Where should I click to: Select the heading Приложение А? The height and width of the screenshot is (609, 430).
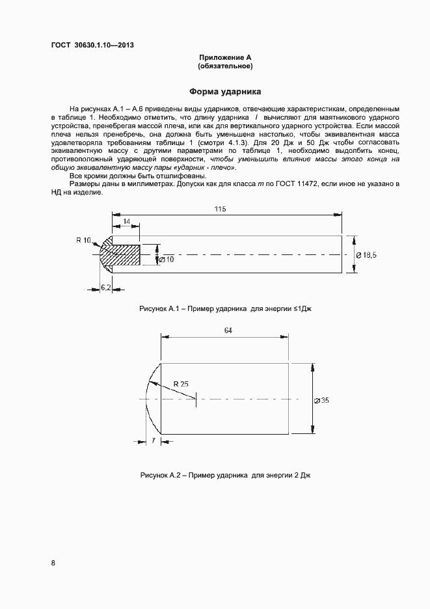224,58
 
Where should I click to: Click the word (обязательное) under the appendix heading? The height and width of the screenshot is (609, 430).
224,66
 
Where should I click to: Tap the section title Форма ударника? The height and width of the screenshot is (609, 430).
224,92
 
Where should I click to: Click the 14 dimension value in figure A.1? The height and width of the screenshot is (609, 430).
126,222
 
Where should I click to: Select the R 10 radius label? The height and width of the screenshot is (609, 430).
84,240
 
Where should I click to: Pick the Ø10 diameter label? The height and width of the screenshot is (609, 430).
166,260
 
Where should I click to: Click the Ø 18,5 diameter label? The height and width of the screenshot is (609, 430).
368,254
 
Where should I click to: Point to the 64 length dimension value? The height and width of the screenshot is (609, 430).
228,331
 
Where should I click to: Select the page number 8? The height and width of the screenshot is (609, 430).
53,563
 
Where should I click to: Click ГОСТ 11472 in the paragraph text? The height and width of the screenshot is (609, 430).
295,185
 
